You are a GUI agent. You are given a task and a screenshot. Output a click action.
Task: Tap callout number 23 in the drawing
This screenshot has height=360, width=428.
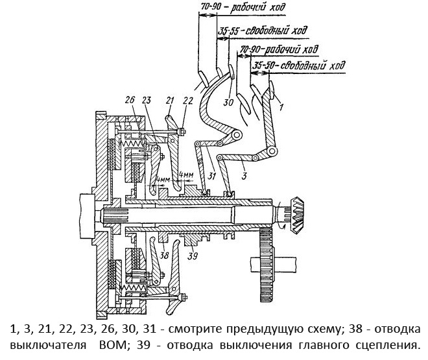pos(147,101)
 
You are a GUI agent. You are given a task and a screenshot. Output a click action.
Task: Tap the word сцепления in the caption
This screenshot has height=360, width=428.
pos(383,343)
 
